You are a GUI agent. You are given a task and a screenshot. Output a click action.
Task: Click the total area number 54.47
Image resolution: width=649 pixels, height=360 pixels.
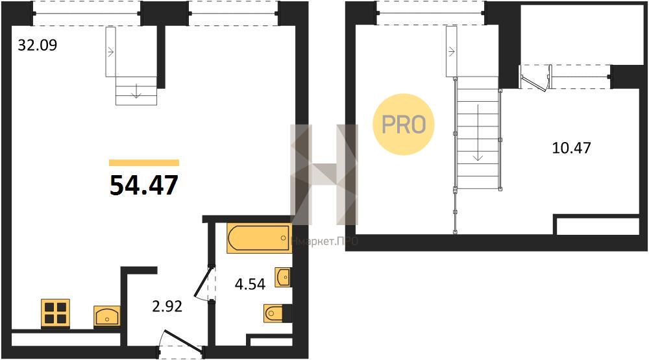144,185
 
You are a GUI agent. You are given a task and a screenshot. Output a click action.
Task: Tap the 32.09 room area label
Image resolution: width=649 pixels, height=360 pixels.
37,45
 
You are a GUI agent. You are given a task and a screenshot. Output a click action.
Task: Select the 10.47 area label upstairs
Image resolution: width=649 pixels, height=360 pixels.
572,147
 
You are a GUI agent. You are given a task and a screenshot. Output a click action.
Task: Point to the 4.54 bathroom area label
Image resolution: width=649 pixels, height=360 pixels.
250,284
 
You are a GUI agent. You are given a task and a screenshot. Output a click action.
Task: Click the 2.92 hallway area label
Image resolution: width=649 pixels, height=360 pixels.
167,306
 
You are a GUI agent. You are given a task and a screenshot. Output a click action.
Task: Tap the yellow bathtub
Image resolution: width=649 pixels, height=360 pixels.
259,238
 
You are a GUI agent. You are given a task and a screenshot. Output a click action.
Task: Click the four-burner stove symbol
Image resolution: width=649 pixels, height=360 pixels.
55,313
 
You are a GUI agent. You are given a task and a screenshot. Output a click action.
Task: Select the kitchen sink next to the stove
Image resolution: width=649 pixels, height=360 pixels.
107,317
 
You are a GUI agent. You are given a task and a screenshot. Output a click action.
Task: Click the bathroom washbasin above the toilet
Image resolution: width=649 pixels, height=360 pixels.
283,277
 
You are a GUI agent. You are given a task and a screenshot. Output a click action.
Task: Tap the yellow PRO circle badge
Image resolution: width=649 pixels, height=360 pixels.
404,124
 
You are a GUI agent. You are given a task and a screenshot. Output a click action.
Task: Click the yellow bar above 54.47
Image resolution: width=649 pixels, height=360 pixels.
144,163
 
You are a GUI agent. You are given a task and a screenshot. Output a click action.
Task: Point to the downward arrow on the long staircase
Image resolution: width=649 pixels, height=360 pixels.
478,132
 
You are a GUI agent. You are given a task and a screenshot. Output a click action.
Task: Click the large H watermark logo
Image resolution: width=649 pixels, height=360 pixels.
324,174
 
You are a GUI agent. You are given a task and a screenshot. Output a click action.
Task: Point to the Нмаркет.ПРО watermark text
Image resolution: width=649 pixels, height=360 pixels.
325,241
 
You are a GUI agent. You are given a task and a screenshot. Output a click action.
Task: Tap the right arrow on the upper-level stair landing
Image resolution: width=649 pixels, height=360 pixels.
451,52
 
